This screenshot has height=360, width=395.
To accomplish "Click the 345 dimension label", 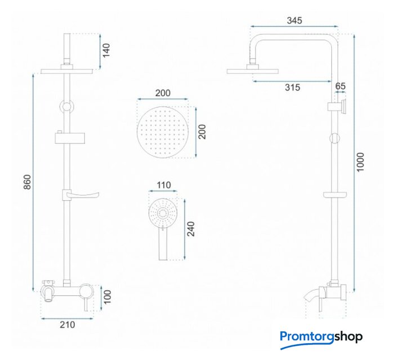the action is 294,20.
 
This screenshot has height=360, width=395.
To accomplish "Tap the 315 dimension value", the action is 293,87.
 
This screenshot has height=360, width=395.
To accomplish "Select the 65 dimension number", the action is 340,86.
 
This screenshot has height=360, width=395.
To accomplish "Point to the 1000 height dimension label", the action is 360,162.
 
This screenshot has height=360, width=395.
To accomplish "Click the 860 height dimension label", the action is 27,182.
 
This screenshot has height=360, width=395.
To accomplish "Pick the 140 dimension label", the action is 106,51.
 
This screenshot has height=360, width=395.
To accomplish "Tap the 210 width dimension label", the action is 68,325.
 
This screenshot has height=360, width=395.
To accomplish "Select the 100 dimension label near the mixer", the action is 107,297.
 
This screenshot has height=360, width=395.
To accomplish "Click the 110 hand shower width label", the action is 164,185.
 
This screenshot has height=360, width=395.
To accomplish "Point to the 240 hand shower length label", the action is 191,229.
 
